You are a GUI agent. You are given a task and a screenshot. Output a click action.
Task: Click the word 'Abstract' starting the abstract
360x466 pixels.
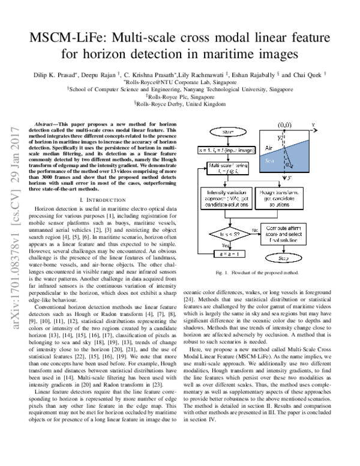[47, 122]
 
